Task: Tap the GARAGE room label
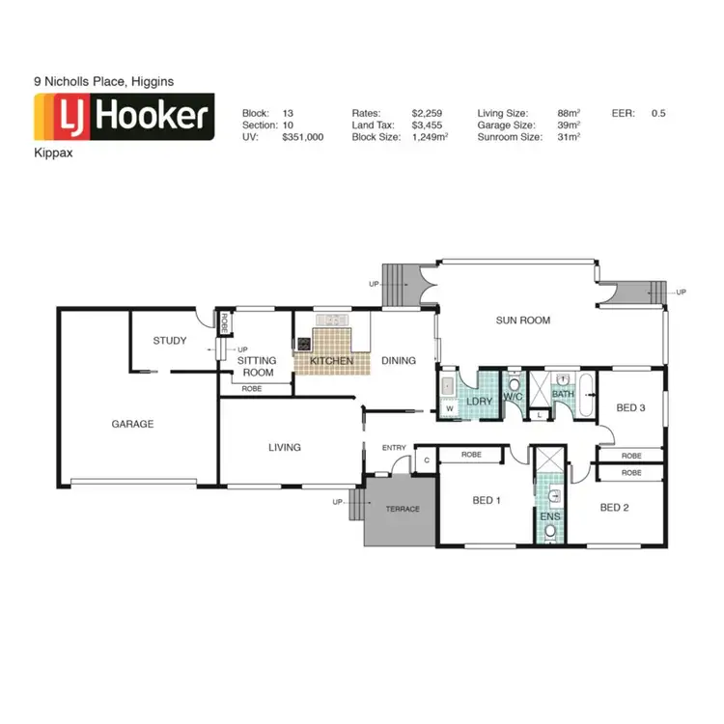[x=132, y=424]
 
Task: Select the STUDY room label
[x=170, y=341]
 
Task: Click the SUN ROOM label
[x=523, y=320]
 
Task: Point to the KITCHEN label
[x=331, y=361]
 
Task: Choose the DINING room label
[x=399, y=361]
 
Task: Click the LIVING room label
[x=285, y=447]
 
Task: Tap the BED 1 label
[x=487, y=500]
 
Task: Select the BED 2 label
[x=615, y=508]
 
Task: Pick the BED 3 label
[x=630, y=407]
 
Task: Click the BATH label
[x=564, y=394]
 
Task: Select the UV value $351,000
[x=302, y=138]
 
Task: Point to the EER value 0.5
[x=658, y=113]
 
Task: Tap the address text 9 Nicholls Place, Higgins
[x=103, y=83]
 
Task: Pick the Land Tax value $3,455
[x=427, y=125]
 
